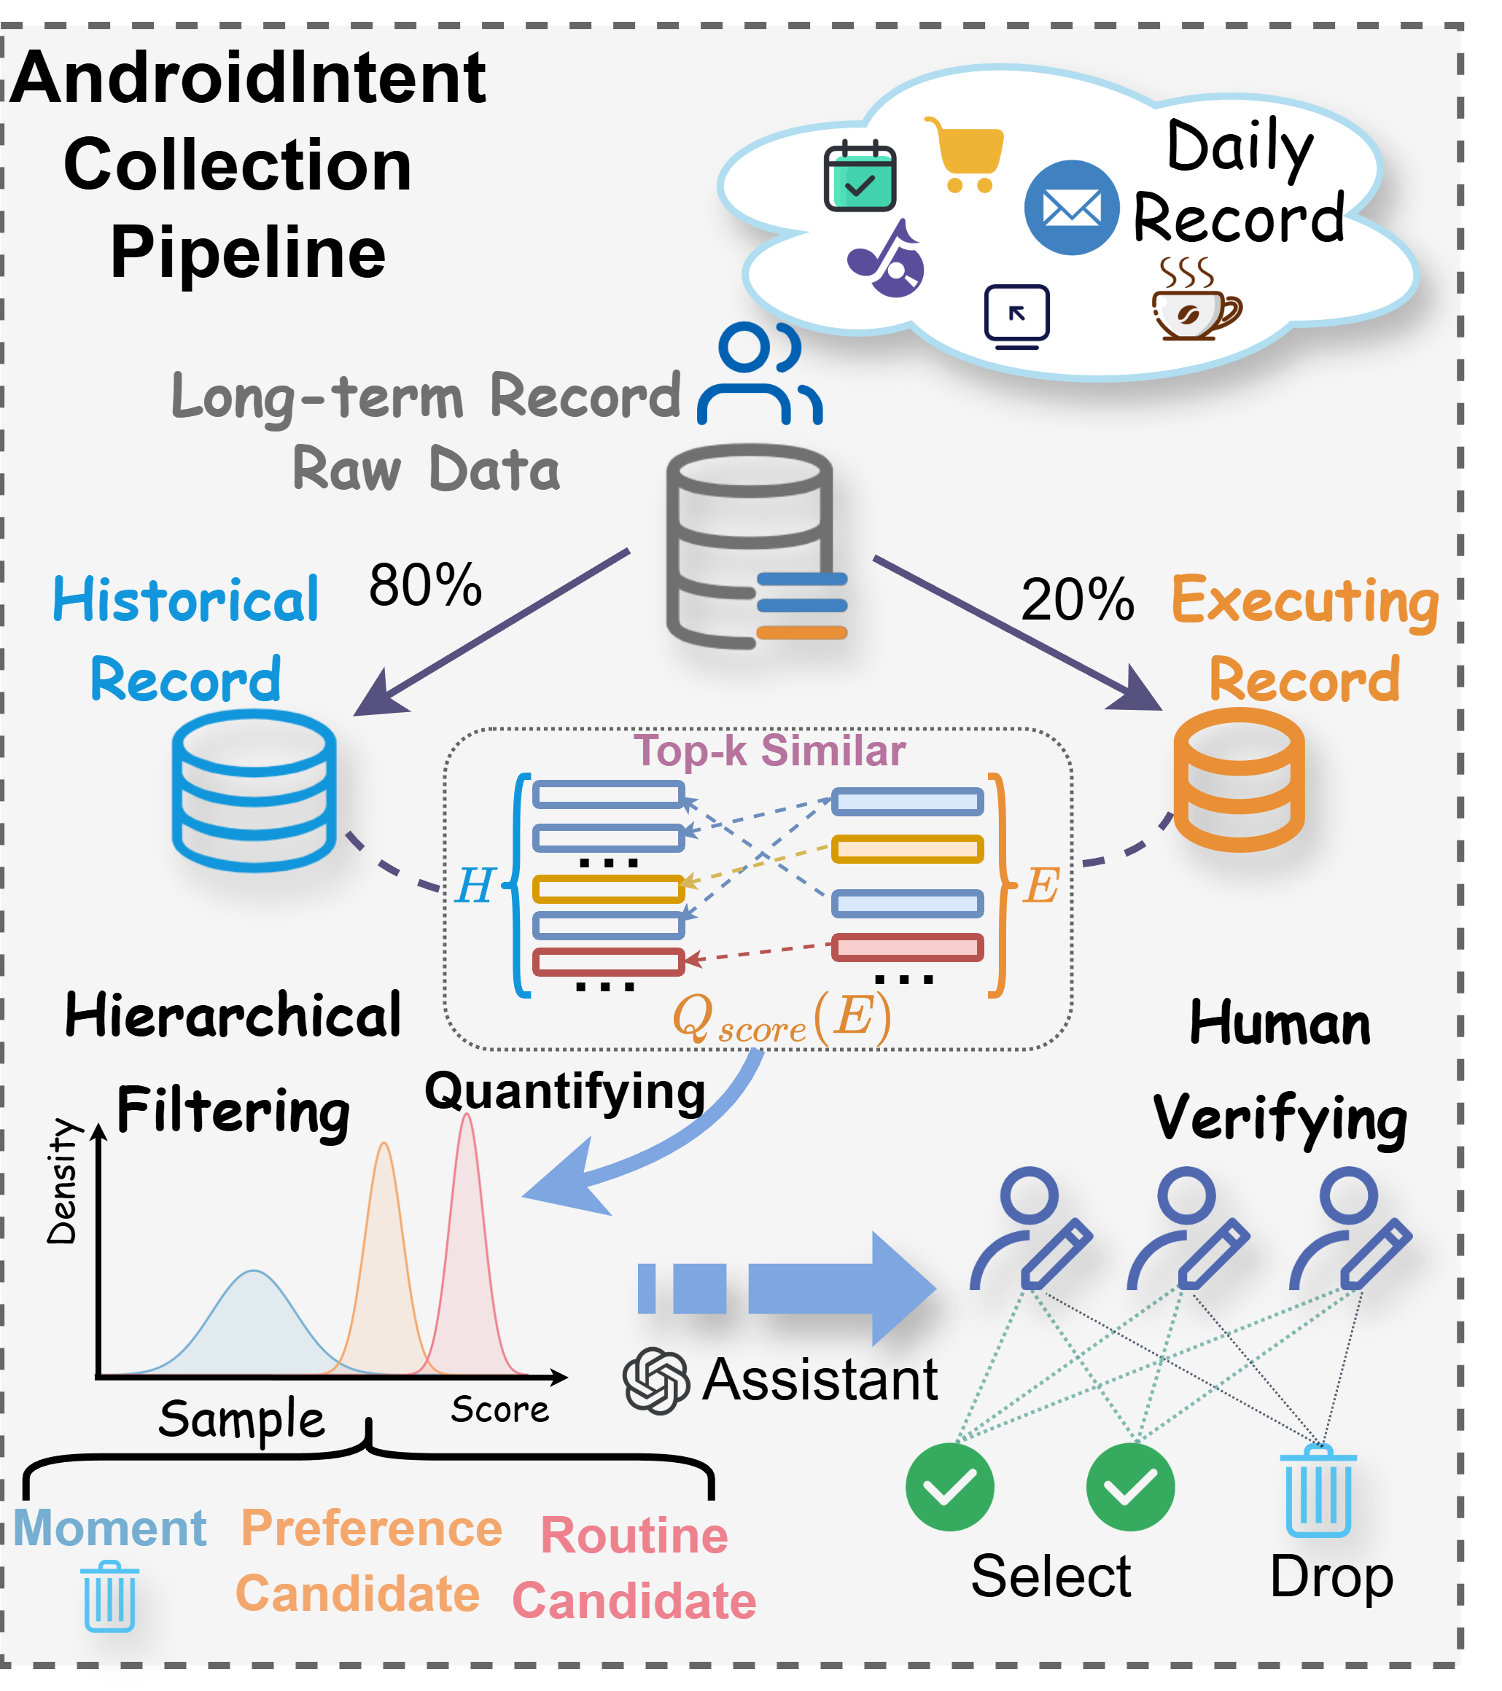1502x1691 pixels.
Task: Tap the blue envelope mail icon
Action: (x=1072, y=208)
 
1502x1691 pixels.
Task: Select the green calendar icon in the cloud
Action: (x=860, y=176)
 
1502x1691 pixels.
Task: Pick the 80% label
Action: (x=425, y=586)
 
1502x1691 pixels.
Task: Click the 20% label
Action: (x=1078, y=600)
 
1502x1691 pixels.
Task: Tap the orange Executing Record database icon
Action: (x=1239, y=779)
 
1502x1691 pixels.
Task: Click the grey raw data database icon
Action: (x=749, y=546)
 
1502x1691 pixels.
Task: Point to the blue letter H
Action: (x=475, y=886)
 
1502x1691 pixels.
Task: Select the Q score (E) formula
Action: (x=782, y=1018)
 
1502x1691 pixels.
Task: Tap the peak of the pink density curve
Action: (x=467, y=1117)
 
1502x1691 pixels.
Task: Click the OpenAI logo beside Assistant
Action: (x=655, y=1380)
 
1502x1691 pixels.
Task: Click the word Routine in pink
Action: (x=634, y=1536)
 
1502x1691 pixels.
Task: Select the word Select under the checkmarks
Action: (x=1050, y=1576)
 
